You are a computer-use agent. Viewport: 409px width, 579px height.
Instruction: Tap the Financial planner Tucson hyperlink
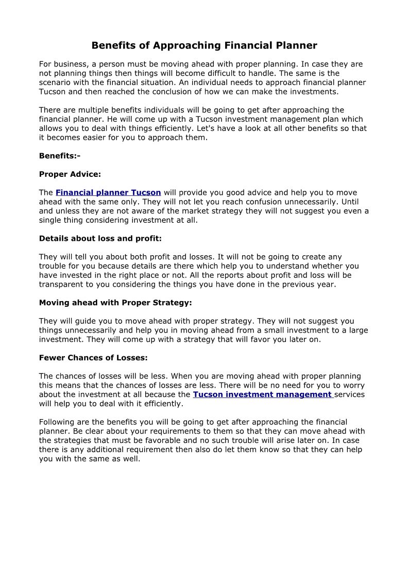108,192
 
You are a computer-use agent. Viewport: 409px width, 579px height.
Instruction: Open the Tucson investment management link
263,394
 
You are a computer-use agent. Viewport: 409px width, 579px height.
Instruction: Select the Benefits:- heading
60,156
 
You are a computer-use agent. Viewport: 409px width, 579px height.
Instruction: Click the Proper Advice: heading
70,174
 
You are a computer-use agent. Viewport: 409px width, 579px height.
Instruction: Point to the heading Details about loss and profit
100,239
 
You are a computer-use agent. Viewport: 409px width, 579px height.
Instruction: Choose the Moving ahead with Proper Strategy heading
115,303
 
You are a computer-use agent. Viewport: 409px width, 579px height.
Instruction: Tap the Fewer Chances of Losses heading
93,357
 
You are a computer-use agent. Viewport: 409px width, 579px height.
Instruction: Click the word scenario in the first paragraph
55,82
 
